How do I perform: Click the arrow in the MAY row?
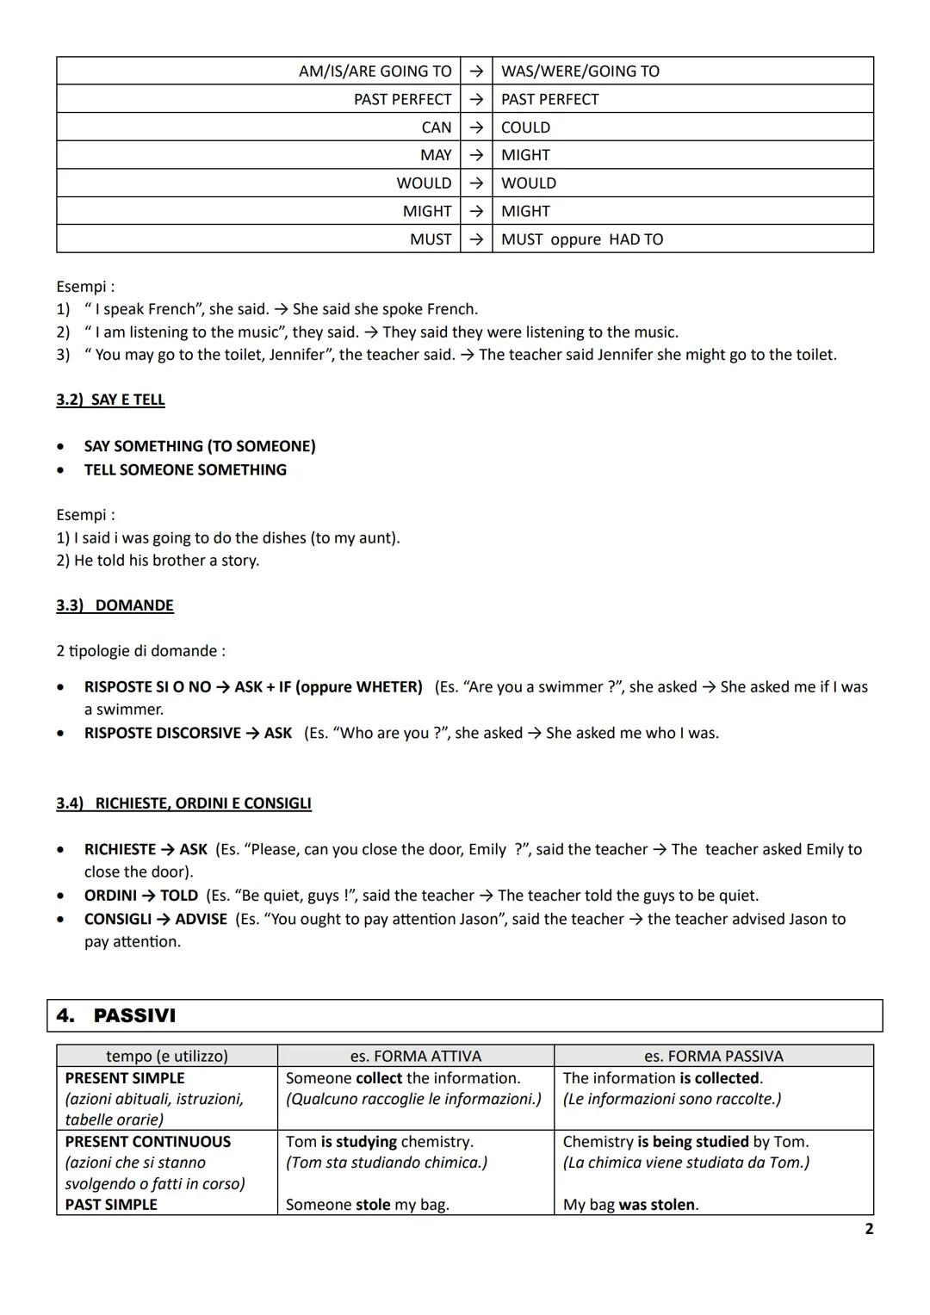(476, 155)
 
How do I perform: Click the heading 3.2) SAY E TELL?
(110, 400)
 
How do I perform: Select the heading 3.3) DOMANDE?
(115, 605)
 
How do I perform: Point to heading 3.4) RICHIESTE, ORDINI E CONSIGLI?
(183, 803)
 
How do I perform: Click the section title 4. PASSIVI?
(116, 1015)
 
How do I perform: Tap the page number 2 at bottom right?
(868, 1229)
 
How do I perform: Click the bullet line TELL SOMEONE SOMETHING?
(185, 470)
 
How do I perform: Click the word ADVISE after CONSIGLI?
(201, 919)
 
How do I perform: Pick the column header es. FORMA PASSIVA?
(713, 1056)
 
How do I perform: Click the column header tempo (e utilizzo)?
(167, 1056)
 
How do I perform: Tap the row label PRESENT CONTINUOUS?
(148, 1142)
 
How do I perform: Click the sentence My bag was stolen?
(630, 1205)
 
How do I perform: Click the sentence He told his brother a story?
(158, 561)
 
